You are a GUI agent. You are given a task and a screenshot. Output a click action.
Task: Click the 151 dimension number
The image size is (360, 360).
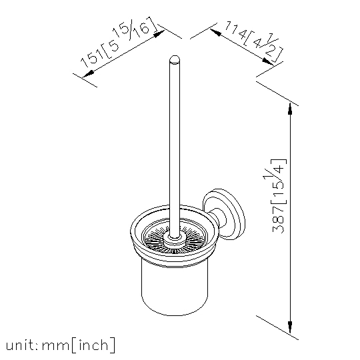[91, 58]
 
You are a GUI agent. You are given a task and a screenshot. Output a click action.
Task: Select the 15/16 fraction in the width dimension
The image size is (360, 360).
[132, 28]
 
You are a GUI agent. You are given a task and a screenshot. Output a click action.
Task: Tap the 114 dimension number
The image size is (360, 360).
[236, 31]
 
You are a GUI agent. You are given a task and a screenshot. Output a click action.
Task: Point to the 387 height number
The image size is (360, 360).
[278, 219]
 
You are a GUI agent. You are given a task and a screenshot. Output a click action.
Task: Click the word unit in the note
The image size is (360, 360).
[21, 345]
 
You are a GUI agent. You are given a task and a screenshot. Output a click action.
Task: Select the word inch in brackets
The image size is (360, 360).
[93, 345]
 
